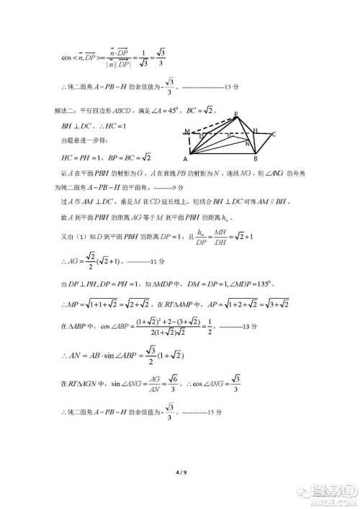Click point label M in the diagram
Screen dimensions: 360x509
(x=186, y=132)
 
